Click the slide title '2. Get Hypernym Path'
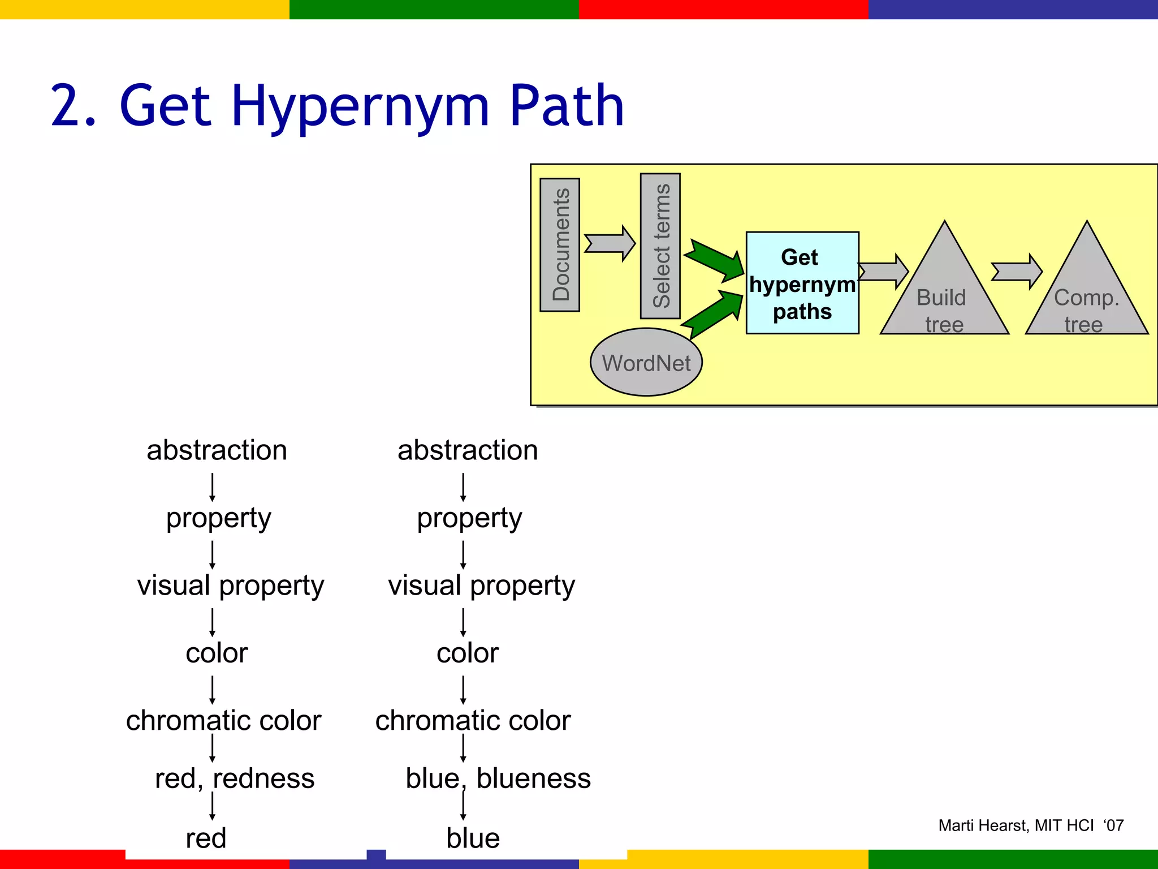click(338, 105)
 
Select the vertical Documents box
click(560, 244)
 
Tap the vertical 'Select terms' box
click(660, 246)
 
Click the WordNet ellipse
click(646, 362)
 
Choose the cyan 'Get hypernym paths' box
click(802, 283)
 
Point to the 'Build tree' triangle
click(944, 294)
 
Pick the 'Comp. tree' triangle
click(1086, 294)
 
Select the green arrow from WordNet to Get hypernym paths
click(714, 314)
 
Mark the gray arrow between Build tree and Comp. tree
click(1017, 272)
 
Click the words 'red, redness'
click(235, 778)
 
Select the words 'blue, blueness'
click(498, 778)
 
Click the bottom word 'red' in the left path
click(206, 838)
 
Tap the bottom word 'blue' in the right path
click(473, 838)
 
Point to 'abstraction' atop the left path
click(217, 450)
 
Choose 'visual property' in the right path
click(481, 586)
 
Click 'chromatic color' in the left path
click(223, 721)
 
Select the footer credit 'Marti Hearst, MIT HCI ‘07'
click(1031, 825)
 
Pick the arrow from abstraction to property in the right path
click(463, 487)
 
